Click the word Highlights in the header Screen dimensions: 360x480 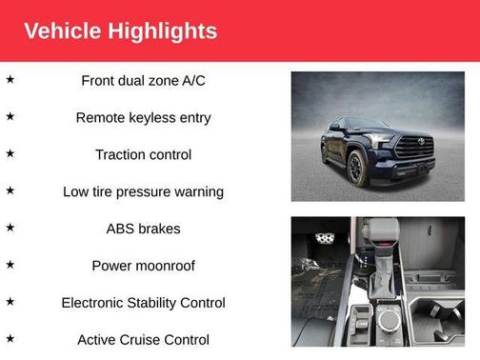(164, 31)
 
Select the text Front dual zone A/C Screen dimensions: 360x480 (143, 80)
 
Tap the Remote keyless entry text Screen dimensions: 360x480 (143, 117)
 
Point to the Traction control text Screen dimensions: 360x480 (143, 154)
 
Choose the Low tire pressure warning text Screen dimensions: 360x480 (143, 191)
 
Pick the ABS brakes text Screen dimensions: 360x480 (143, 229)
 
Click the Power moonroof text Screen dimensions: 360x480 (143, 266)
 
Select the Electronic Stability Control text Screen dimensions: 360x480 (143, 303)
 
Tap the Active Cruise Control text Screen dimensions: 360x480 (143, 339)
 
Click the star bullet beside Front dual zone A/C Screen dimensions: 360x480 (10, 79)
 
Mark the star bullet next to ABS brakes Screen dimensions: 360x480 (10, 228)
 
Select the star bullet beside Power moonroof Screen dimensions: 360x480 (10, 265)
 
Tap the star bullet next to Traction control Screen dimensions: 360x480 (10, 153)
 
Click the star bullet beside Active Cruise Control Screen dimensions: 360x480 (10, 338)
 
